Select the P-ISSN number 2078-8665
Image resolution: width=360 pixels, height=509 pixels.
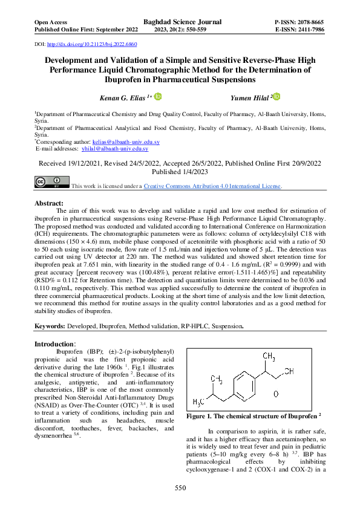(306, 21)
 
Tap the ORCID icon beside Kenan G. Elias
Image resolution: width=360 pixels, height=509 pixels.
(159, 97)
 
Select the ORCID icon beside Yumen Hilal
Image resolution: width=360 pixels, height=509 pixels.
(277, 97)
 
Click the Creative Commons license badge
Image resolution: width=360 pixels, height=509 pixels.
(51, 183)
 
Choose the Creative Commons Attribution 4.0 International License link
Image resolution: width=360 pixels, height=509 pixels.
(212, 186)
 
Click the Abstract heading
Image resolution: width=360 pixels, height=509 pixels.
(50, 203)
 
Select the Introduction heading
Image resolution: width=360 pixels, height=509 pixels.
(54, 343)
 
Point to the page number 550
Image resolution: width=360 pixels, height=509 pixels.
(180, 488)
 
